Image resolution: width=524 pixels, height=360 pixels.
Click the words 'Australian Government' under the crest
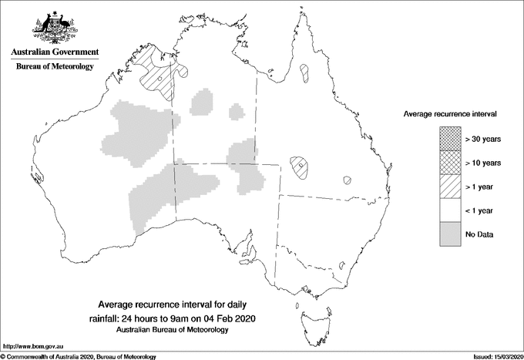(55, 52)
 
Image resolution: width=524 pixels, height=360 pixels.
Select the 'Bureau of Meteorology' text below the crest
(55, 67)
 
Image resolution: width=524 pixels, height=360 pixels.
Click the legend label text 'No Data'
(479, 234)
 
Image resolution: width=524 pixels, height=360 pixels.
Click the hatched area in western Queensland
(301, 166)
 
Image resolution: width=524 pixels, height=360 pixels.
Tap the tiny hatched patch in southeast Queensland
(348, 180)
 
